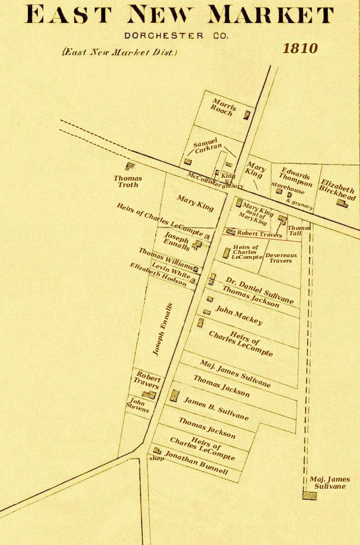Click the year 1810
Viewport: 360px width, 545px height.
(300, 48)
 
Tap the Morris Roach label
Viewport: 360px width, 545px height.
(223, 106)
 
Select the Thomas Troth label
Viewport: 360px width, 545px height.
(127, 181)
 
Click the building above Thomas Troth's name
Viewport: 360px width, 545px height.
(130, 166)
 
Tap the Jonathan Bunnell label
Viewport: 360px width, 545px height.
(196, 462)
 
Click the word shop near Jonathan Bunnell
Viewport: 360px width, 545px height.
(156, 459)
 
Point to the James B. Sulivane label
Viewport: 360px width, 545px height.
(216, 409)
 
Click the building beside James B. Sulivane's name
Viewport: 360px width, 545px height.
(174, 396)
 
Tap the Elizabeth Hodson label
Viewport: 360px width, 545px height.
(158, 275)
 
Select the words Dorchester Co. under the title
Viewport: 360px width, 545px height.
(176, 36)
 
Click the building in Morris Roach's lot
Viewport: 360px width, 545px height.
(247, 115)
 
